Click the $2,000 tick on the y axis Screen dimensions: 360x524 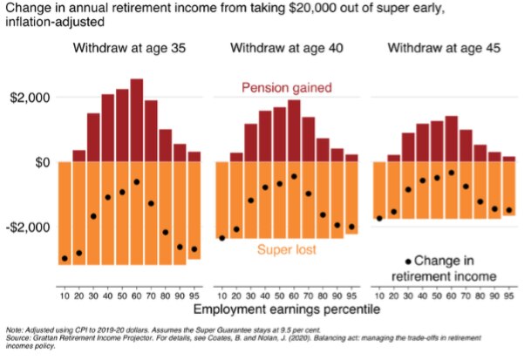(29, 98)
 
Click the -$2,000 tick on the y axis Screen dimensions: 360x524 (27, 227)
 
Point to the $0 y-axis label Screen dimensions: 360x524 (39, 162)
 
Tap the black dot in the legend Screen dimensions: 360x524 (407, 261)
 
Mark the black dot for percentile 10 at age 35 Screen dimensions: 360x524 (65, 258)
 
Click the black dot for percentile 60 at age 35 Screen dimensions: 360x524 (137, 182)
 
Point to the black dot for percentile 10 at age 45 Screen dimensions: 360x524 (380, 219)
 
